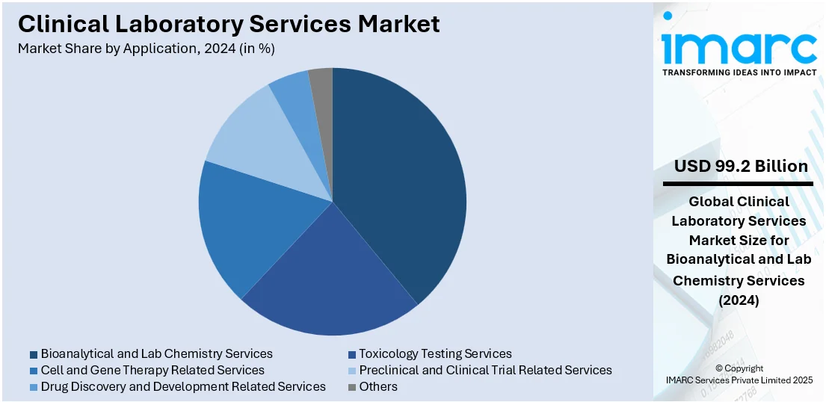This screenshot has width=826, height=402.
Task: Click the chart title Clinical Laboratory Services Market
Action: click(x=229, y=24)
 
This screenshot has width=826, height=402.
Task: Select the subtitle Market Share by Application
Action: click(x=146, y=49)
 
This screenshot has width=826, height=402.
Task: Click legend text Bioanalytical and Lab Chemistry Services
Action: click(x=157, y=353)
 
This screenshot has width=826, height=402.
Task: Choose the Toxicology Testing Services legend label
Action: click(x=435, y=353)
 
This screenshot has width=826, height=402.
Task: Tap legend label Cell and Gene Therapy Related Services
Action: click(x=152, y=370)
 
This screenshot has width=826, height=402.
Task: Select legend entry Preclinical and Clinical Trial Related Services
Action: click(x=485, y=370)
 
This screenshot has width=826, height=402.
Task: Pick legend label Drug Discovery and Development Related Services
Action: click(x=183, y=386)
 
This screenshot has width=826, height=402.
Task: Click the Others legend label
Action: click(x=378, y=386)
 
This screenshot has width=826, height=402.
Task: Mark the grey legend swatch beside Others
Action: click(x=352, y=387)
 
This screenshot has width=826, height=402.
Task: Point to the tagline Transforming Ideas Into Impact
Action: click(x=739, y=72)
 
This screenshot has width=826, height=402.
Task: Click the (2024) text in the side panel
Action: click(x=739, y=300)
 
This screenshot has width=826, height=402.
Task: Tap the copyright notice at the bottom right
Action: click(x=739, y=374)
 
